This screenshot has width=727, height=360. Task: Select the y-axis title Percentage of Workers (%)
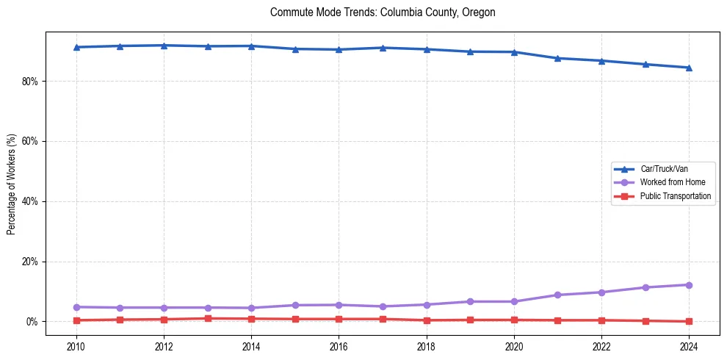tap(11, 184)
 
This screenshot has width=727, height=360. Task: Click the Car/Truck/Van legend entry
tap(663, 169)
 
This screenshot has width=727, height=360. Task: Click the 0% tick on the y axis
tap(32, 322)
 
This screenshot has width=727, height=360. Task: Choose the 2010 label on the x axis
tap(76, 345)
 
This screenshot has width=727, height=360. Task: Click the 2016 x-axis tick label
tap(339, 345)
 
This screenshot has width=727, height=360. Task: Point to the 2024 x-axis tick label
tap(689, 345)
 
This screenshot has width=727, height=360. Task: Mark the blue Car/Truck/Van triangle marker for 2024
tap(689, 68)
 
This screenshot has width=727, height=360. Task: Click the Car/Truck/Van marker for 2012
tap(164, 46)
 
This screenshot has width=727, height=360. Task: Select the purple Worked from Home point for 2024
tap(689, 285)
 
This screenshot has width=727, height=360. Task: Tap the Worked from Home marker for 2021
tap(557, 295)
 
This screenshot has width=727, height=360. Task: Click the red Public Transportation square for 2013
tap(208, 319)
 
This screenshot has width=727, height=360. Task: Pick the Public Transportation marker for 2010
tap(76, 320)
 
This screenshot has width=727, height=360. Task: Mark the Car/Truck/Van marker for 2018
tap(427, 49)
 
